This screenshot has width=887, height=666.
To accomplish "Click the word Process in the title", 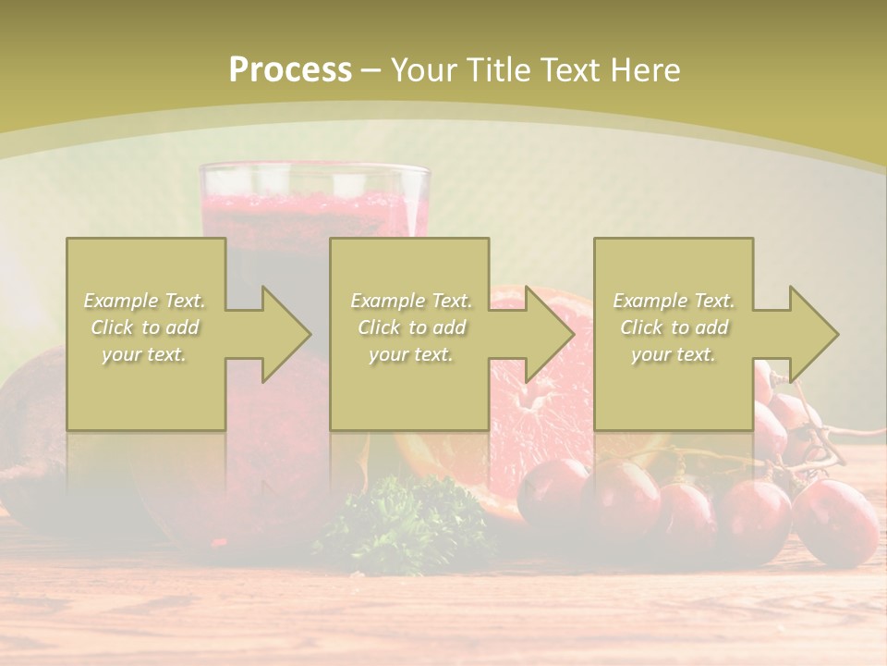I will (x=290, y=70).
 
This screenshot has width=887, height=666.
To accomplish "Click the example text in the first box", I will (x=145, y=327).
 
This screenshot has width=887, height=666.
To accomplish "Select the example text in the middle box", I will (x=411, y=327).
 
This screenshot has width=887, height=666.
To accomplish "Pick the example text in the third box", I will (x=674, y=327).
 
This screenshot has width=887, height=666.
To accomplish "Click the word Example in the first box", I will (x=121, y=301).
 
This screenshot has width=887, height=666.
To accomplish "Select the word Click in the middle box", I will (x=376, y=327).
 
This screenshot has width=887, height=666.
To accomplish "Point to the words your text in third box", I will (x=674, y=354).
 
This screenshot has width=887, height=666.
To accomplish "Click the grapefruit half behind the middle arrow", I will (x=545, y=407).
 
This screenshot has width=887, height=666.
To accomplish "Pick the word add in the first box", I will (x=182, y=327).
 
